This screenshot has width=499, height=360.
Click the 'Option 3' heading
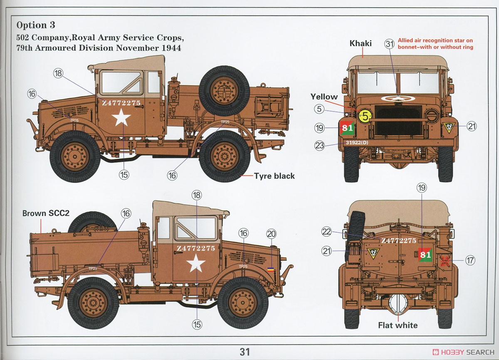36,25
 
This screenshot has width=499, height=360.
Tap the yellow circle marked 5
365,117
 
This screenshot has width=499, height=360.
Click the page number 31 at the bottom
245,352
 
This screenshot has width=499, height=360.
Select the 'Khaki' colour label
361,43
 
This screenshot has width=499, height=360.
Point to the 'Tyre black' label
274,176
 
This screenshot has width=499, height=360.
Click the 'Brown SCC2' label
46,214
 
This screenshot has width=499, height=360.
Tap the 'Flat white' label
398,325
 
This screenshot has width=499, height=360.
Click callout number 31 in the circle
389,44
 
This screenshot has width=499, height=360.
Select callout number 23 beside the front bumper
319,146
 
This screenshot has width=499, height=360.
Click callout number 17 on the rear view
470,260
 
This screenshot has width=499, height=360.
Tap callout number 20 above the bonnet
271,234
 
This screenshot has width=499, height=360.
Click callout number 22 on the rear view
326,232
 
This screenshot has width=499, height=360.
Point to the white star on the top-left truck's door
121,117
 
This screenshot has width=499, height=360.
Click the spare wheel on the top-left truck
224,91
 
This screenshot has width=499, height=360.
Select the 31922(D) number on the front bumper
357,142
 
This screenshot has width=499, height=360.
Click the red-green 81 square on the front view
347,128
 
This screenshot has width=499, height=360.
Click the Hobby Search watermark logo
463,352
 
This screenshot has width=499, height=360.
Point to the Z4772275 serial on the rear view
398,241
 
